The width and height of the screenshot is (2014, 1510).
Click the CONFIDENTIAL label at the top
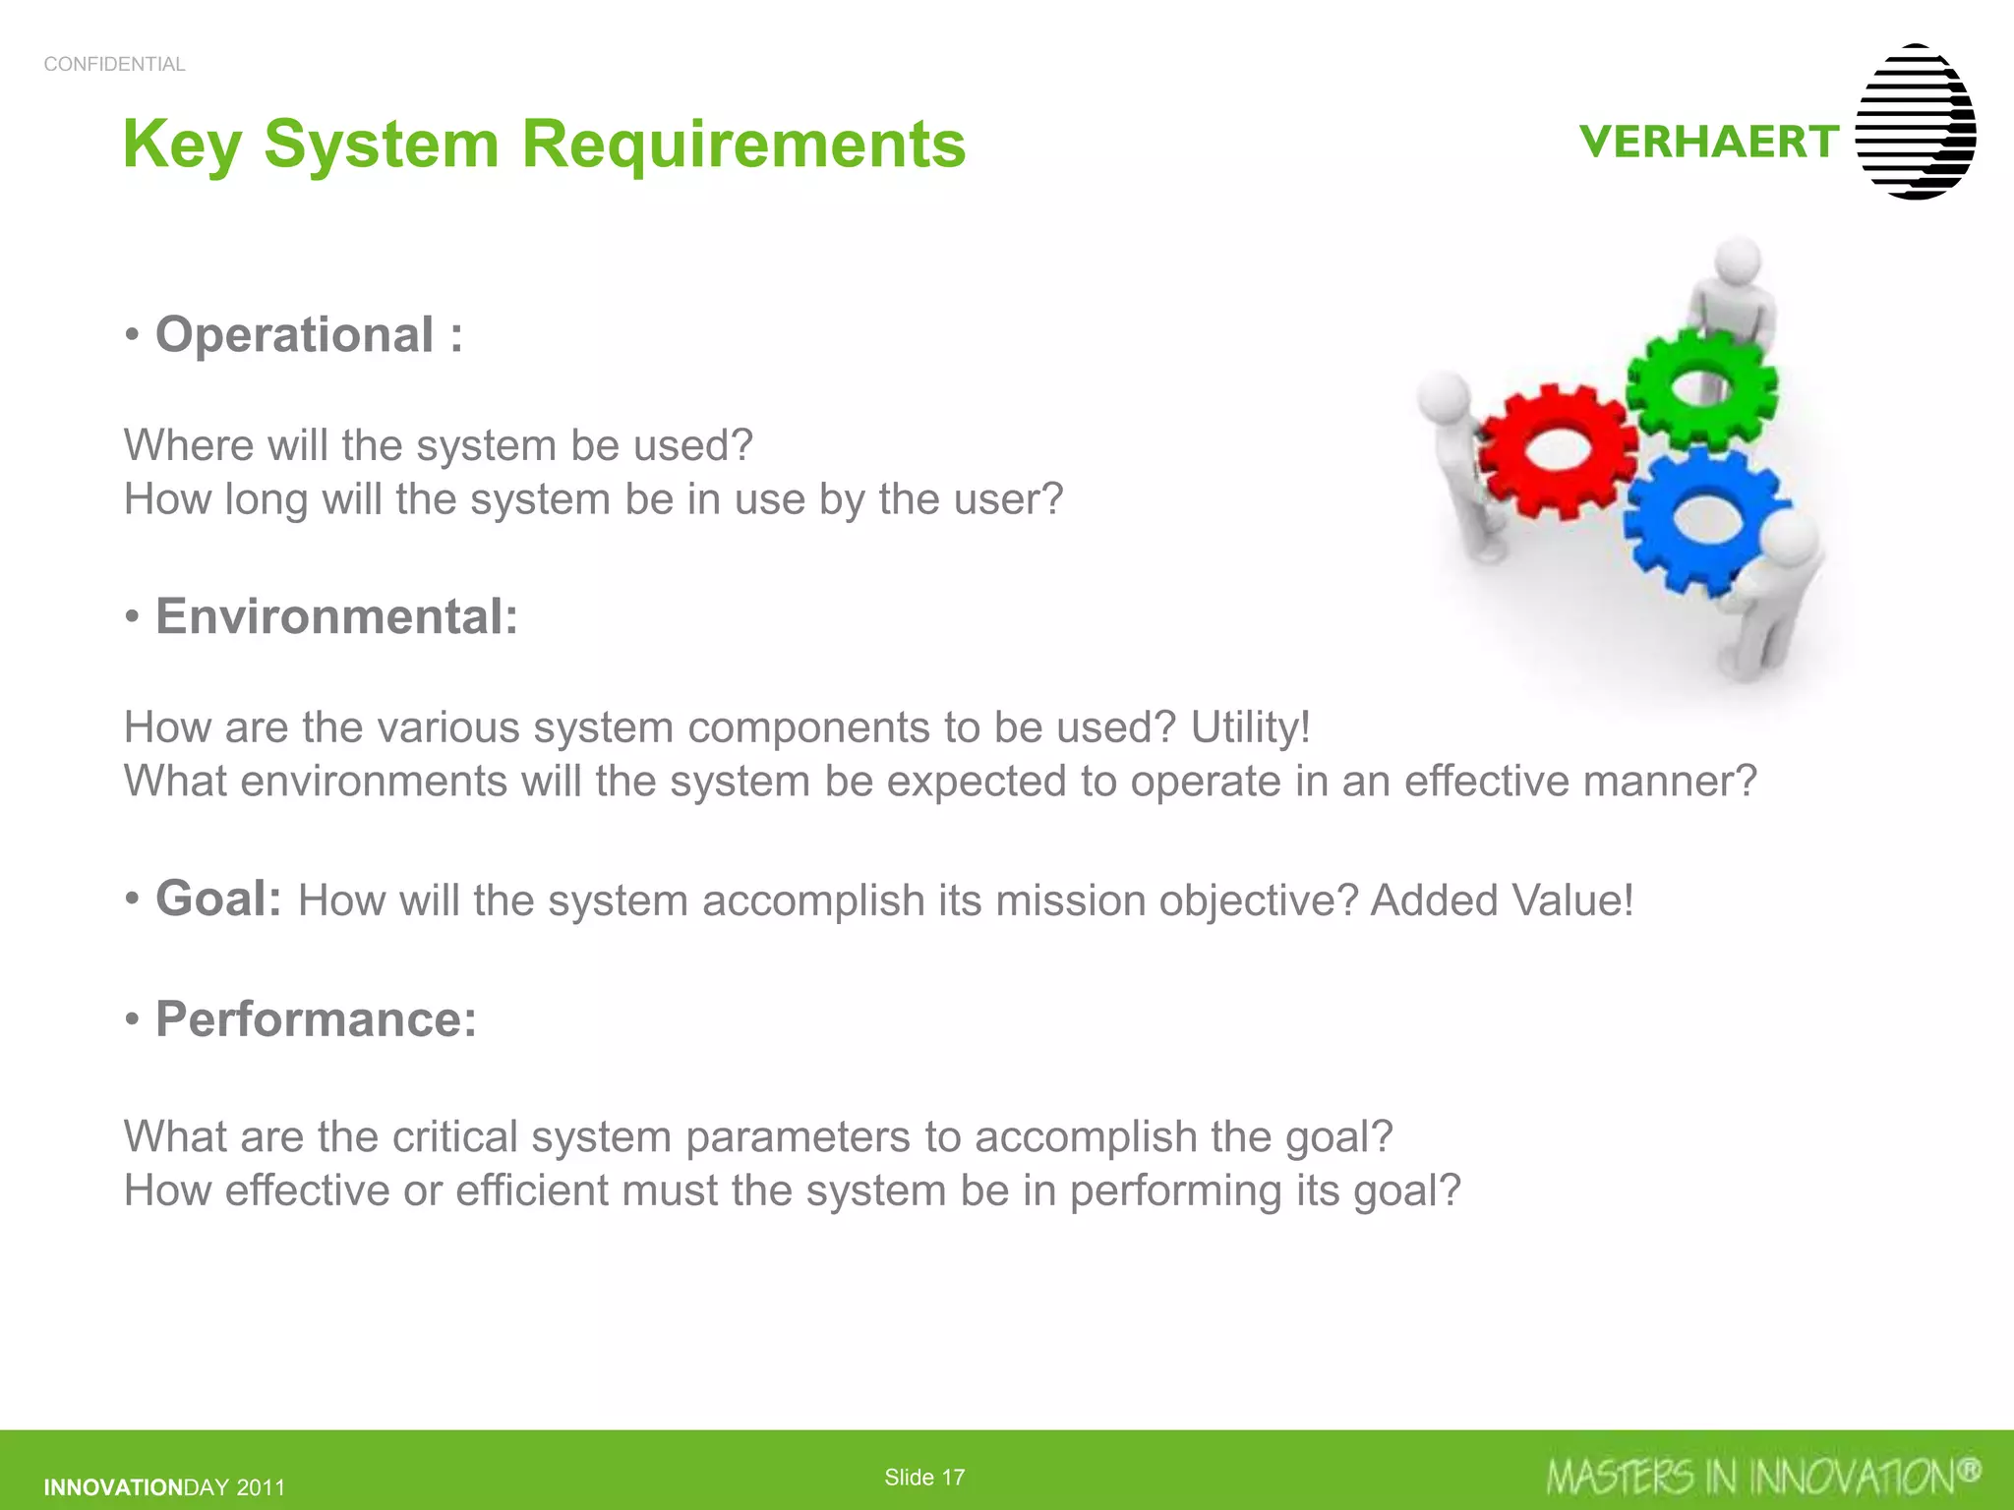[x=114, y=64]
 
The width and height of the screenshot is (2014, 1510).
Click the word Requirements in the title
[x=743, y=144]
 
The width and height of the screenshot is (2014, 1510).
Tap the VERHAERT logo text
[x=1709, y=142]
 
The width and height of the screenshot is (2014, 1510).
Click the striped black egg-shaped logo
[x=1915, y=122]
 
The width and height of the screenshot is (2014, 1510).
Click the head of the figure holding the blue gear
[x=1792, y=540]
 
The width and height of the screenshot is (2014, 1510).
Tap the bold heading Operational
[x=295, y=334]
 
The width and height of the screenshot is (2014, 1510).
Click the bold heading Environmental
[x=336, y=616]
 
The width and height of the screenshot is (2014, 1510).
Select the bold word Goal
[x=218, y=898]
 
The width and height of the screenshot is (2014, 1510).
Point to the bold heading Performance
[x=316, y=1018]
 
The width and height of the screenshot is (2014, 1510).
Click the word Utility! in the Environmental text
[x=1250, y=727]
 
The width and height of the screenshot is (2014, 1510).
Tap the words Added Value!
[x=1502, y=900]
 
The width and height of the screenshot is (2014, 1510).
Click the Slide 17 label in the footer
[x=924, y=1477]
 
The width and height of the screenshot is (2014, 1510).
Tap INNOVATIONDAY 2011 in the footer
[x=164, y=1487]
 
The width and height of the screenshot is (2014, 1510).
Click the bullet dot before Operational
[x=133, y=336]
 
